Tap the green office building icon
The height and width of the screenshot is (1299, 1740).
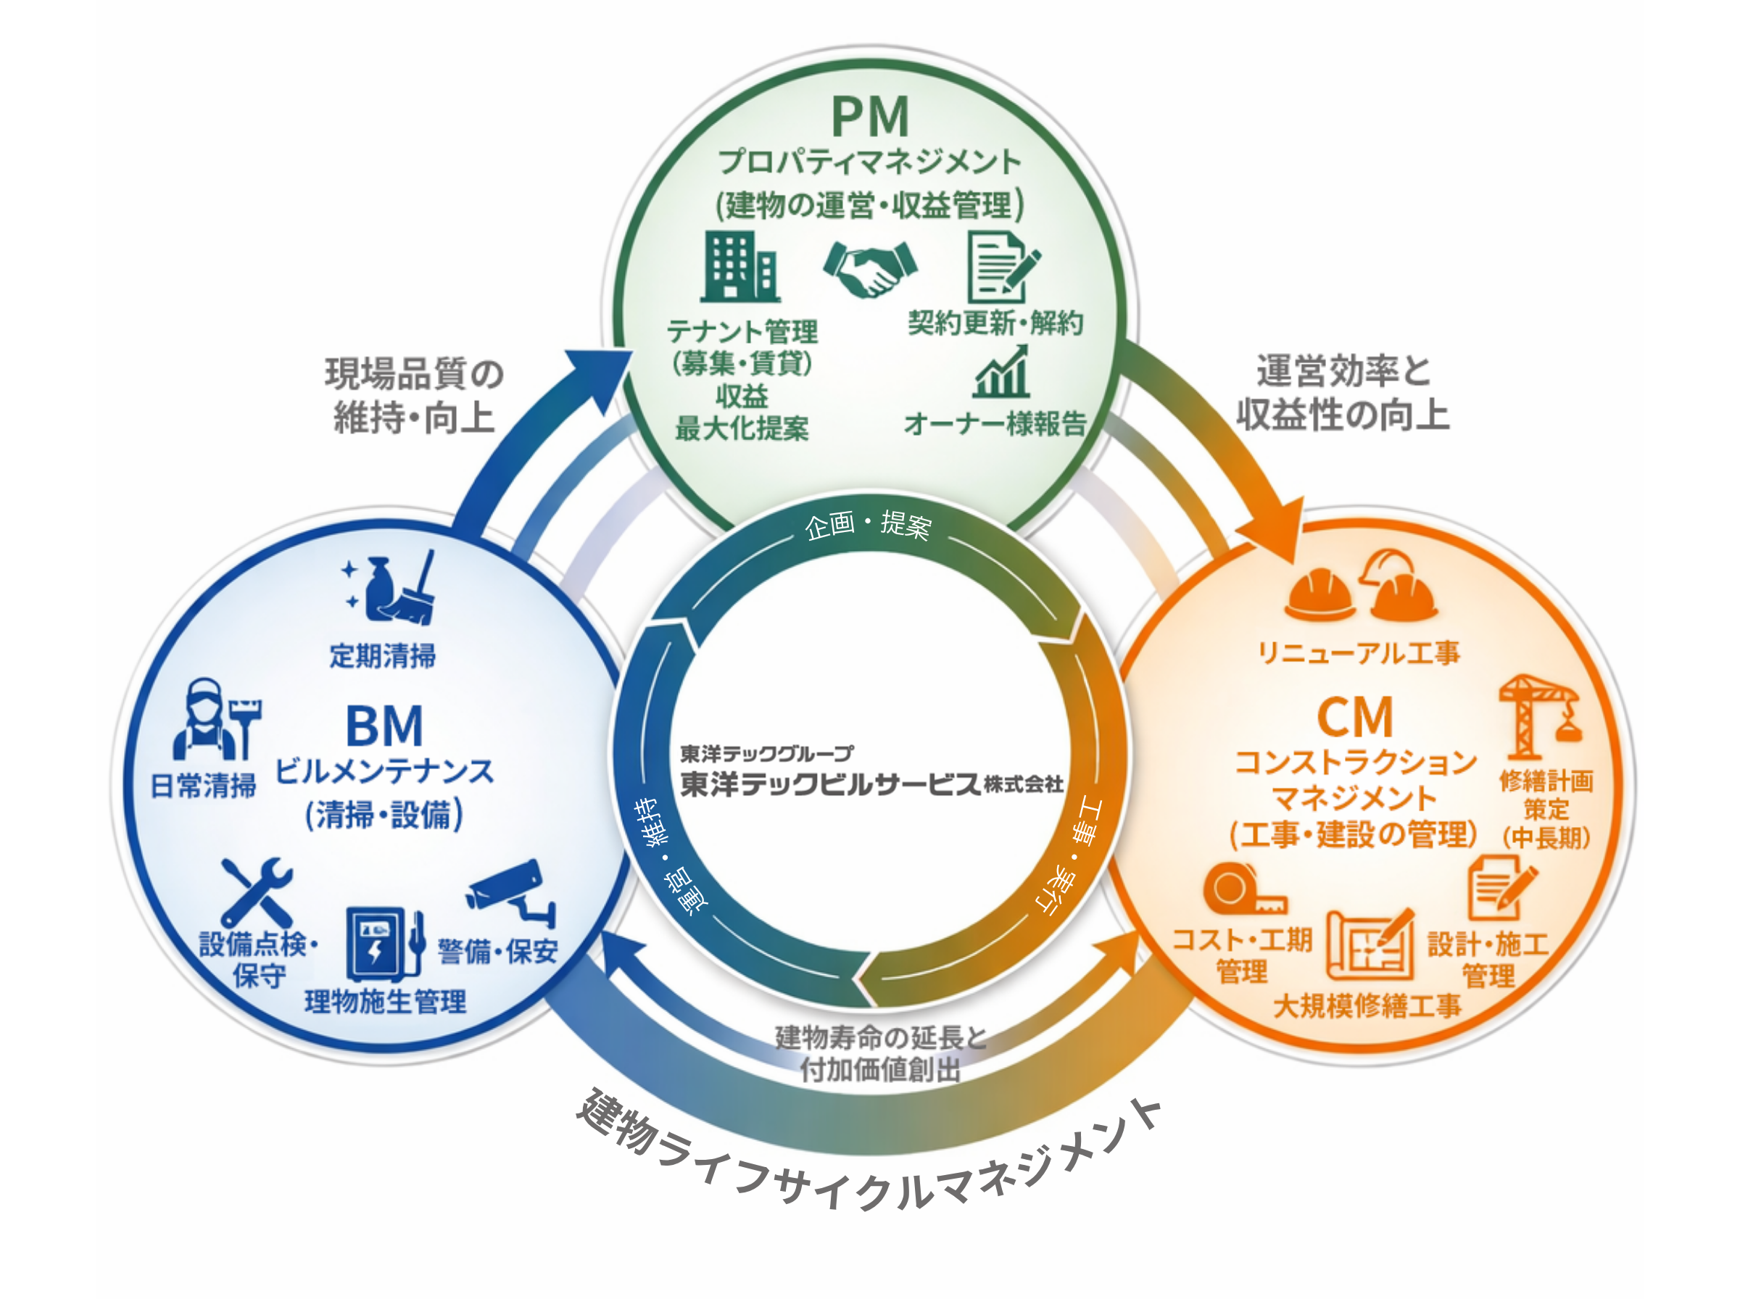[739, 267]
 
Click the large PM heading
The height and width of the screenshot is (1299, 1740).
[869, 117]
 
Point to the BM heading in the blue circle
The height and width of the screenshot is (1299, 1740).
[384, 726]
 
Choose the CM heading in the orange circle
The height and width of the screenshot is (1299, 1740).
[1354, 717]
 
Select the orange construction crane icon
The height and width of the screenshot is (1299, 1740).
[1538, 714]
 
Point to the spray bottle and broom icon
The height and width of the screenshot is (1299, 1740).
[391, 587]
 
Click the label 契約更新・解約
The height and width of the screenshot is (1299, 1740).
[995, 323]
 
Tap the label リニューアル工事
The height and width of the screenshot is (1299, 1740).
[1358, 652]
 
